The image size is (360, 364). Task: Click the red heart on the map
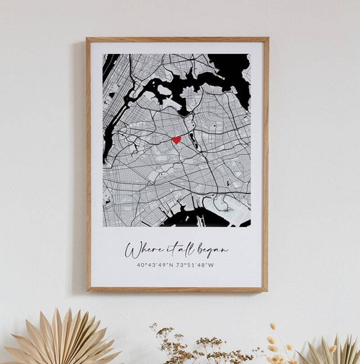click(x=176, y=139)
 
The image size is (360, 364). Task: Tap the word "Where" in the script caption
click(x=141, y=250)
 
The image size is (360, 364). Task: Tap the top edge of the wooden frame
click(x=176, y=40)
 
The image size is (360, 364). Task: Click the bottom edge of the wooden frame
click(x=176, y=290)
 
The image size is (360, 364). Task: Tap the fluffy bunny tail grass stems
click(x=276, y=342)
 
